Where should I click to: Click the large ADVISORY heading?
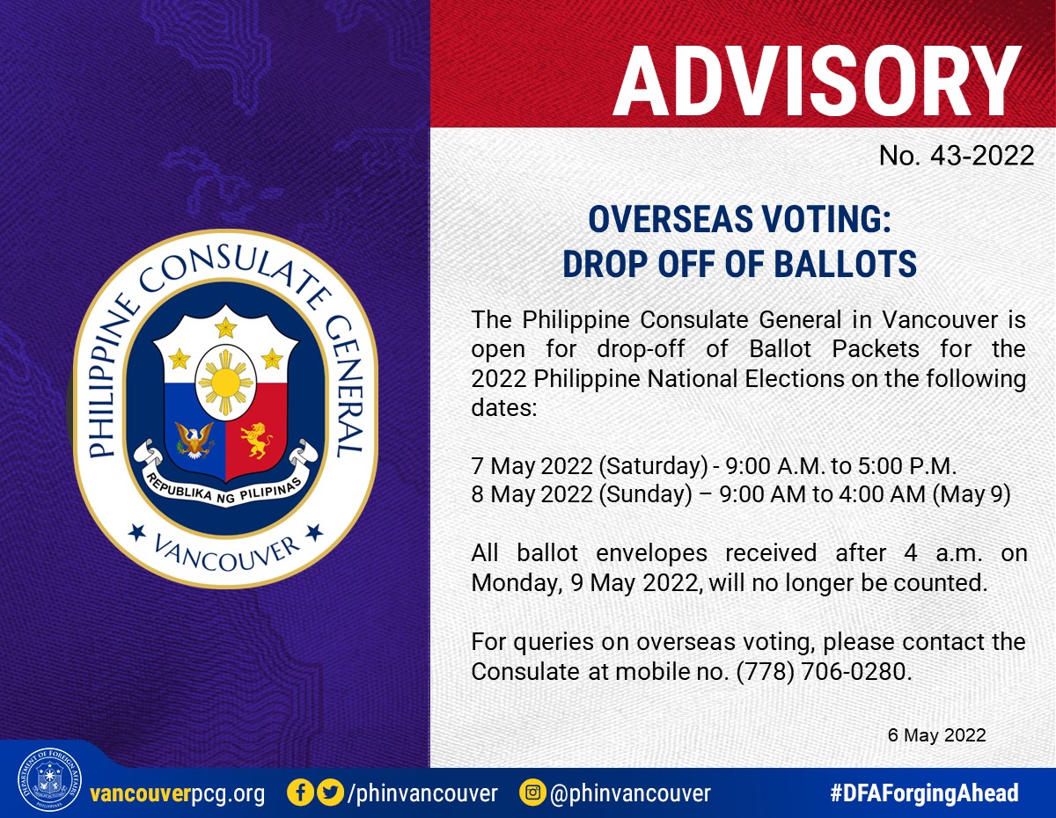pos(817,81)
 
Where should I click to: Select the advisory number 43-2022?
pos(982,156)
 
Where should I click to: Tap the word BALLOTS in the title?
pos(845,264)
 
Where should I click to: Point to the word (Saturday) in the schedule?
pos(653,467)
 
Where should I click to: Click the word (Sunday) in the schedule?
pos(645,495)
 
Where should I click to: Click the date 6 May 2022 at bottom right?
pos(936,735)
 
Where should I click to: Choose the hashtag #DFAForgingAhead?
pos(924,792)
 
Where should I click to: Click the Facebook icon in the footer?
pos(300,792)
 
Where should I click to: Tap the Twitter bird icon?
pos(331,792)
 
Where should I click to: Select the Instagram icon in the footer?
pos(532,792)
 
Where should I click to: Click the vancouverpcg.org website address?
pos(178,793)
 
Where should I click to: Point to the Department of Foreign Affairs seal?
pos(49,779)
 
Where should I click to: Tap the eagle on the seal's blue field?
pos(194,440)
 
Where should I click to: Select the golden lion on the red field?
pos(256,440)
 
